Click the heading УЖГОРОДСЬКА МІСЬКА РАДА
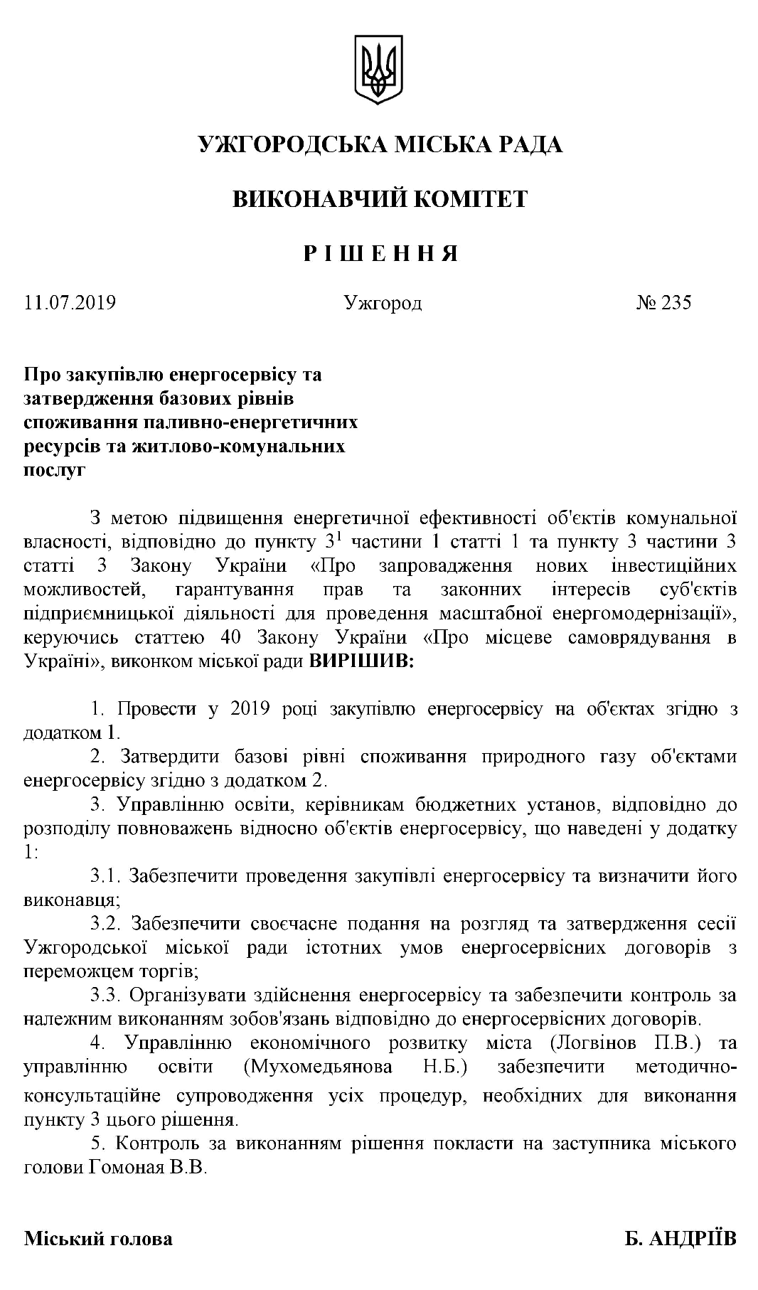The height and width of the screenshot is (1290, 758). (380, 145)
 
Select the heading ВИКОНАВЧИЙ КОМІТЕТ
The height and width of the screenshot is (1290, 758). (380, 199)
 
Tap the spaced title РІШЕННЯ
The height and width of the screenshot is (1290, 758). (380, 253)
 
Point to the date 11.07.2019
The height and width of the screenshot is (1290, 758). (70, 304)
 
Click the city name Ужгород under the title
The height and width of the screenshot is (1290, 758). (383, 304)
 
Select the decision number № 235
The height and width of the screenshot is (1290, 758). (663, 304)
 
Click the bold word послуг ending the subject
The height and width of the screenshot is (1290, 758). (55, 470)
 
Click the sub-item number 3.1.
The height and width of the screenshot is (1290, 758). (106, 876)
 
